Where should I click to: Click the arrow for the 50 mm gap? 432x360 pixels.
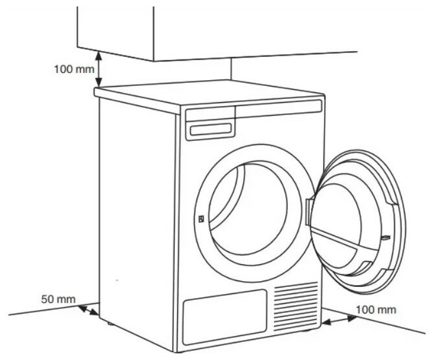(x=89, y=313)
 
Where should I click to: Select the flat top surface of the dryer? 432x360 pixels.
(x=207, y=97)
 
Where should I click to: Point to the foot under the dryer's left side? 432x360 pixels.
(x=107, y=321)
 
